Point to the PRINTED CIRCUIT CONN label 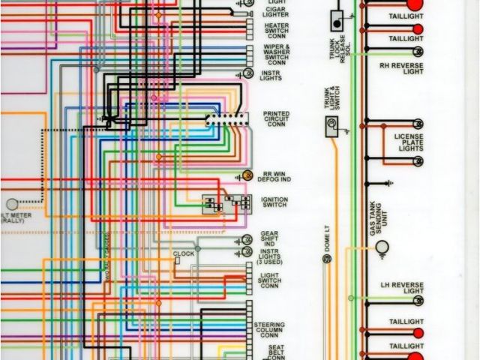click(x=276, y=119)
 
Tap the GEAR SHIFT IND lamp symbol click(x=247, y=240)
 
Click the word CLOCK click(x=184, y=253)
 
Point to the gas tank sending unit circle click(x=382, y=247)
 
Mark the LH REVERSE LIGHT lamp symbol click(x=417, y=301)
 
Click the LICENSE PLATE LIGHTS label click(x=409, y=142)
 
